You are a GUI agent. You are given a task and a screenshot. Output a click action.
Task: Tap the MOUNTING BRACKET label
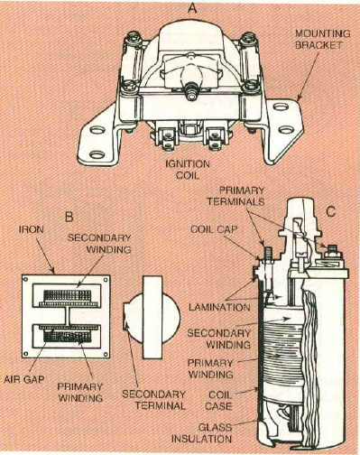click(324, 40)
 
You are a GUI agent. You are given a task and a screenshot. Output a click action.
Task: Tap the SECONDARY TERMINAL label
click(154, 400)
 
